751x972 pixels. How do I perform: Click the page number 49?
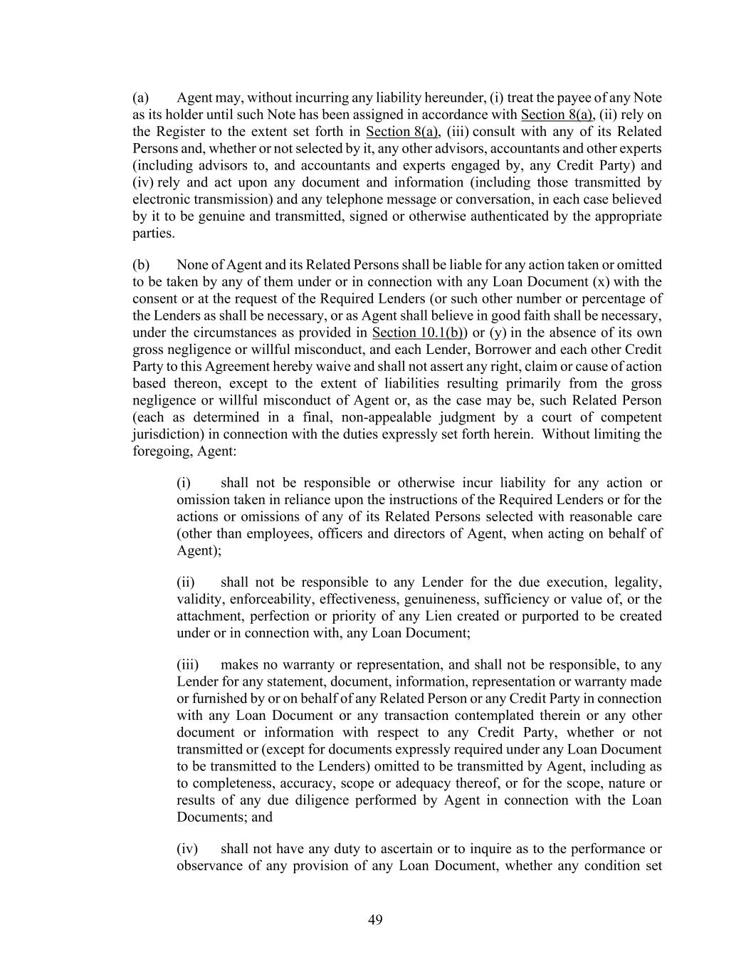click(375, 920)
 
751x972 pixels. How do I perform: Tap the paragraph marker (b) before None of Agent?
click(141, 265)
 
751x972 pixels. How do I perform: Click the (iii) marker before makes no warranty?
click(187, 665)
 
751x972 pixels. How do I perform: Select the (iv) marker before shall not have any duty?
click(187, 849)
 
